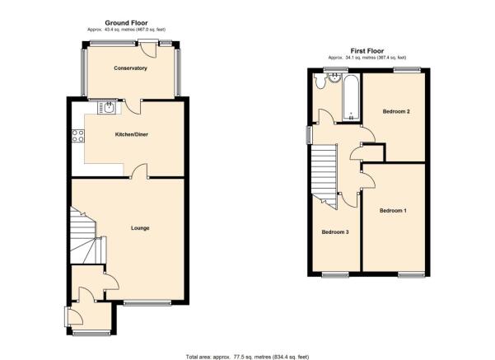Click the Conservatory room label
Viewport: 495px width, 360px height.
coord(130,68)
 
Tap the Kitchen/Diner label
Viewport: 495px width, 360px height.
coord(131,134)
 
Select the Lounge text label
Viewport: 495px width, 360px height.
coord(140,228)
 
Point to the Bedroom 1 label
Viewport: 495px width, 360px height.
coord(393,211)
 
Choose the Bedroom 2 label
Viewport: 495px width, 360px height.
coord(396,111)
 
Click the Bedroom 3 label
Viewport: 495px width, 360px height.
coord(335,232)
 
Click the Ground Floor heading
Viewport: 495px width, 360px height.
coord(126,23)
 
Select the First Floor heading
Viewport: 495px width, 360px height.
coord(367,51)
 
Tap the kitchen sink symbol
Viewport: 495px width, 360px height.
coord(107,107)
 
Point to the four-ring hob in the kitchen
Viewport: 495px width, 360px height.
coord(78,136)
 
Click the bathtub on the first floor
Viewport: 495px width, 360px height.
coord(351,98)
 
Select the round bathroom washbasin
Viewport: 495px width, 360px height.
coord(334,77)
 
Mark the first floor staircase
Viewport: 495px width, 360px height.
coord(325,175)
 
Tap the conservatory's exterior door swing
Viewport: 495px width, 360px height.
coord(148,49)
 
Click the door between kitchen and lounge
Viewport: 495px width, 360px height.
coord(139,172)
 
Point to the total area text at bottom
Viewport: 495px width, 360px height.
coord(247,358)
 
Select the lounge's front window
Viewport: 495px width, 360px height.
coord(147,303)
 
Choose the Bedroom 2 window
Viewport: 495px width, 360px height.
coord(407,70)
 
